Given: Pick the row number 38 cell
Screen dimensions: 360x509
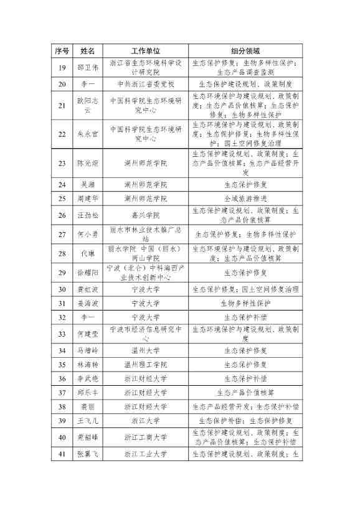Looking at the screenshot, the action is tap(62, 407).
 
